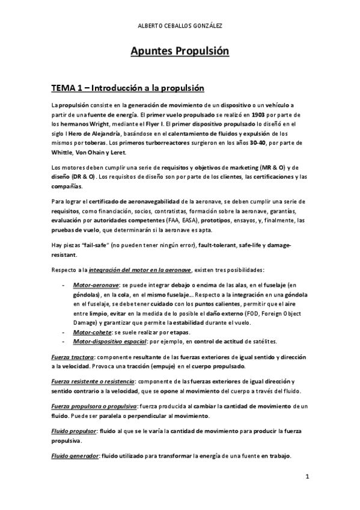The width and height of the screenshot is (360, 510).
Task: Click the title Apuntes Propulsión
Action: (180, 52)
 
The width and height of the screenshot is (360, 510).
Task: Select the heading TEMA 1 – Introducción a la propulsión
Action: (128, 88)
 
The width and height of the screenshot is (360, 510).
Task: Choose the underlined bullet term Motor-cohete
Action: (91, 332)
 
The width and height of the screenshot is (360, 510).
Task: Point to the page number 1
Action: (307, 479)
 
